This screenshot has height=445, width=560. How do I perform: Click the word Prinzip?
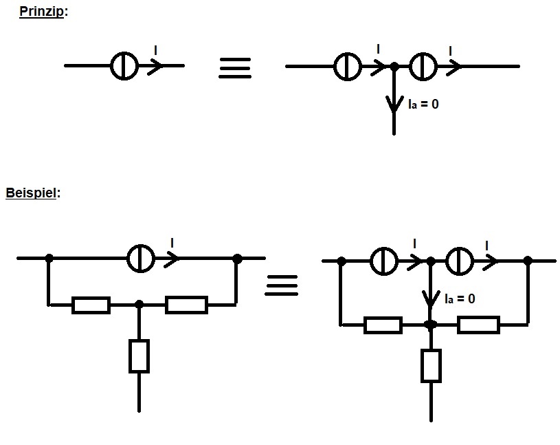point(41,12)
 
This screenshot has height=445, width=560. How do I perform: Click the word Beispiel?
point(31,193)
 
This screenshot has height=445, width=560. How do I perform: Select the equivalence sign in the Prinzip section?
point(235,68)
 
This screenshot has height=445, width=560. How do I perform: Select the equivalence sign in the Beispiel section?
point(282,285)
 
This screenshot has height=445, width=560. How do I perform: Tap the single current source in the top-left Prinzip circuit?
point(124,66)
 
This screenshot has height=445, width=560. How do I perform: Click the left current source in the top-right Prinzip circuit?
point(348,67)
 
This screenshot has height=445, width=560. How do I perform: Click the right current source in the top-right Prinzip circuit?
point(423,67)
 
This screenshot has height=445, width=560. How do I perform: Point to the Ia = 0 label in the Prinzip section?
point(423,104)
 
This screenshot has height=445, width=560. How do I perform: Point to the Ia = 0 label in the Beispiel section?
point(460,299)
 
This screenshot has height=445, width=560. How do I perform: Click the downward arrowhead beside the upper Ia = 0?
point(394,105)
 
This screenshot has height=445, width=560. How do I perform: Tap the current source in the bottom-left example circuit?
point(141,259)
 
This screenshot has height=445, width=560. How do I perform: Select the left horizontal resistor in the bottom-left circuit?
point(91,305)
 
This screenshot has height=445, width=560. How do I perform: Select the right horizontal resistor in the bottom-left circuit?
point(186,305)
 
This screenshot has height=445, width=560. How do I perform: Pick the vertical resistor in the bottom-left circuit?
point(139,356)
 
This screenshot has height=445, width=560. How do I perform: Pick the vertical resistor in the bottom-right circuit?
point(431,367)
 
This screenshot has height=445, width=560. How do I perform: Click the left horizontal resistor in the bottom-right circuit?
point(383,325)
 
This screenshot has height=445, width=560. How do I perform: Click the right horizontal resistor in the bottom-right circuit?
point(478,325)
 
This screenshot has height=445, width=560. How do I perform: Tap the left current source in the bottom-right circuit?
point(384,261)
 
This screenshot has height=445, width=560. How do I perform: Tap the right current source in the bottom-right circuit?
point(460,261)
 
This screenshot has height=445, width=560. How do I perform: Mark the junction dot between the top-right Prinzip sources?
point(394,67)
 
